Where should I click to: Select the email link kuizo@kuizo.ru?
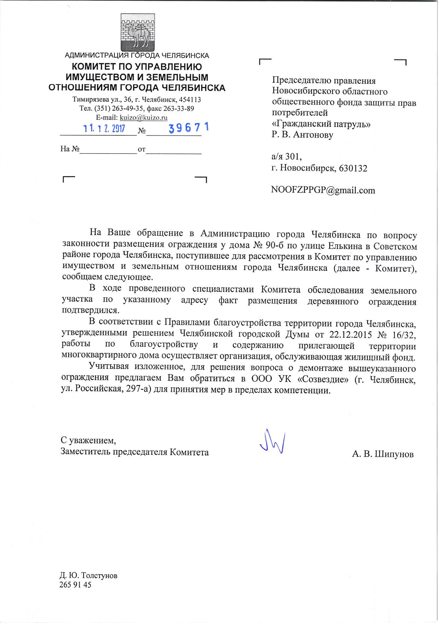144,118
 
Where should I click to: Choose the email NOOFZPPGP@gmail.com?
323,190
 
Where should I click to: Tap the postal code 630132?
353,168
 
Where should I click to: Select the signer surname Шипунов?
394,454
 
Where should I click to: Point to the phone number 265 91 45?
76,585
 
